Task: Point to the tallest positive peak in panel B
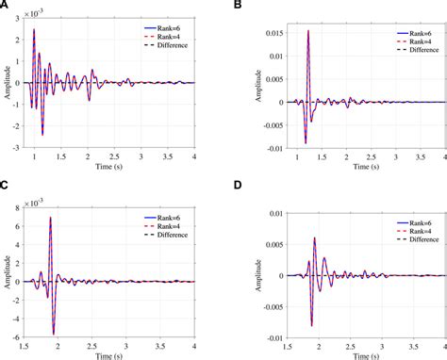(x=308, y=31)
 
